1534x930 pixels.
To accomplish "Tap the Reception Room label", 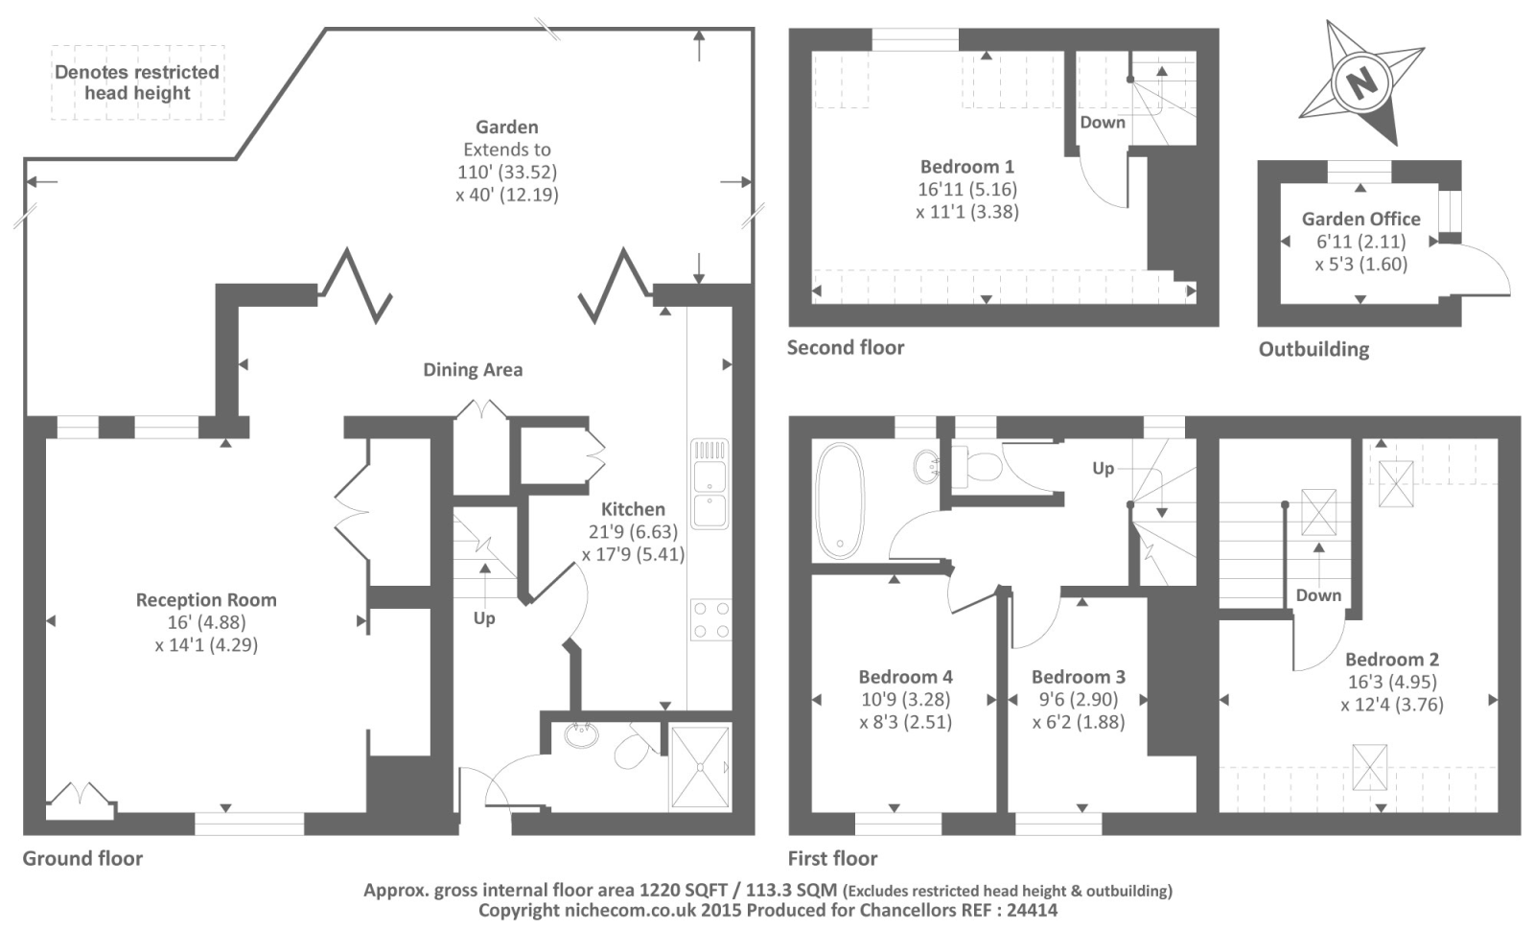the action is [206, 600].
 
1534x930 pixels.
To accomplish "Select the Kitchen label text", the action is [633, 509].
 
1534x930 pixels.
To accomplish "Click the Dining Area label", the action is [473, 370].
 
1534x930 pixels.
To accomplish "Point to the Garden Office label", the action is [1360, 219].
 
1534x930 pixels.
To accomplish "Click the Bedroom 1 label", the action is [966, 167].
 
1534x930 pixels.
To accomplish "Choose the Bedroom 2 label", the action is [1391, 660].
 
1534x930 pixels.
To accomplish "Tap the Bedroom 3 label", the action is [1079, 677].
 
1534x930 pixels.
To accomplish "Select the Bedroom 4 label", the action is [905, 677].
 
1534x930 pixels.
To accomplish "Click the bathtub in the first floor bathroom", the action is [840, 500].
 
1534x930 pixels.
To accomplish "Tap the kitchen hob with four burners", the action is [710, 619].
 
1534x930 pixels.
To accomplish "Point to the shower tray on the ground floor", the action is [700, 767].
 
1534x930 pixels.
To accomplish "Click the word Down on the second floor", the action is [1103, 123].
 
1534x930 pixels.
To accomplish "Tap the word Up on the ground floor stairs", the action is [484, 618].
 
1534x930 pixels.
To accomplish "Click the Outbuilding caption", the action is [1313, 349].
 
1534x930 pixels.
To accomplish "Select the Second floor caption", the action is [846, 347].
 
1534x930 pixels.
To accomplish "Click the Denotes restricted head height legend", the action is [137, 82].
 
